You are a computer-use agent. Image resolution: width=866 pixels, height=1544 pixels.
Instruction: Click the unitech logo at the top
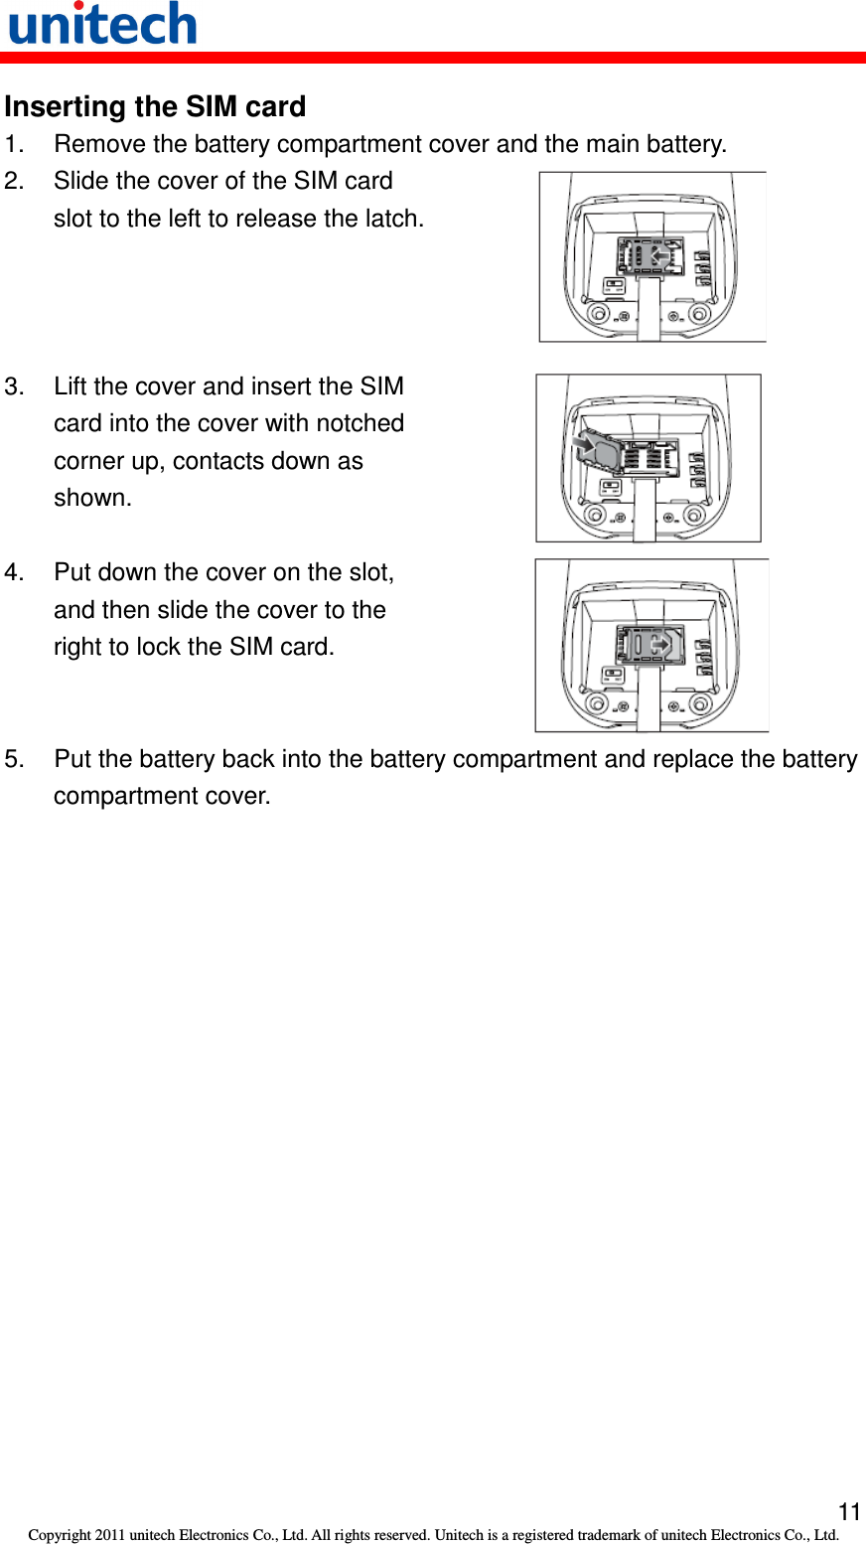coord(102,25)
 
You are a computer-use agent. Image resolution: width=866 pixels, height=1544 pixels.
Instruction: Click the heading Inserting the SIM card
coord(155,106)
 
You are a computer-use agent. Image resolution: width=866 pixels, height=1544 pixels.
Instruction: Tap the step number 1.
coord(12,144)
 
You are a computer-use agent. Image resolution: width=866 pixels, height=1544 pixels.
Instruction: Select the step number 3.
coord(12,386)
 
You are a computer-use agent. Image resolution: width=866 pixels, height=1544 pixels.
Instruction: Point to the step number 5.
coord(12,759)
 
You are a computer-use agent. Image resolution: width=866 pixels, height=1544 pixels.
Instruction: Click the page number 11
coord(849,1512)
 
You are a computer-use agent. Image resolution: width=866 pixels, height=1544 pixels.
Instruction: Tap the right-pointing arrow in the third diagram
coord(660,644)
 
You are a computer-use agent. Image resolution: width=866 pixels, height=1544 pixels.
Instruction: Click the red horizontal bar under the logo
coord(433,58)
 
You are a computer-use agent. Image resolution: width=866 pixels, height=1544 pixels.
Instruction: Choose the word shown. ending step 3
coord(92,498)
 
